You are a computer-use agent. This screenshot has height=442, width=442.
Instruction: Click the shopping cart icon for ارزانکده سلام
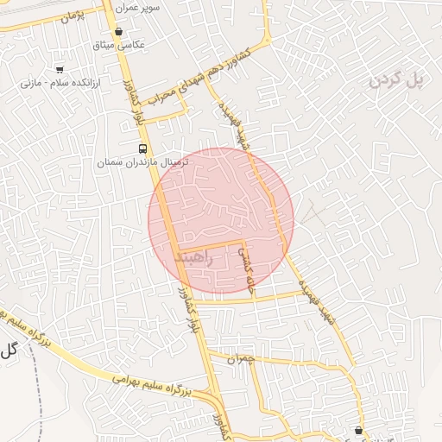pos(59,68)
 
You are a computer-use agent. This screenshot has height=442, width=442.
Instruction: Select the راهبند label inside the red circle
pos(193,256)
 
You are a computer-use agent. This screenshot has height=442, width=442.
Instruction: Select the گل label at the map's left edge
pos(9,350)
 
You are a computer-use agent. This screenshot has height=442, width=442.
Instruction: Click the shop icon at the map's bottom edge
pos(358,430)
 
